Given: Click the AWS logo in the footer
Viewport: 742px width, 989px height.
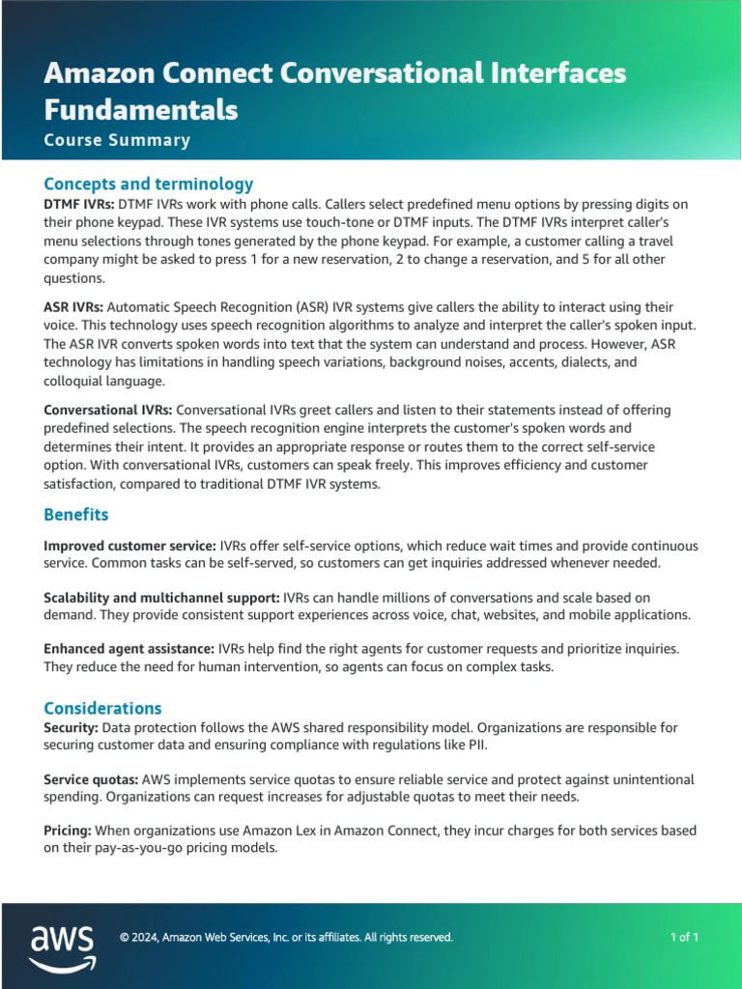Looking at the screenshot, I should [x=62, y=947].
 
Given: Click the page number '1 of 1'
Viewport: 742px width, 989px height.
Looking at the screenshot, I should [x=684, y=937].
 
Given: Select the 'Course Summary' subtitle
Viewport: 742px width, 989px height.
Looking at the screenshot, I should [x=117, y=140].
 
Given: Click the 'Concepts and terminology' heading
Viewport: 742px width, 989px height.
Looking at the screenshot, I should [x=149, y=184].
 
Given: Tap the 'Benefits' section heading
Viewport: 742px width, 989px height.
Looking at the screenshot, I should [x=76, y=514].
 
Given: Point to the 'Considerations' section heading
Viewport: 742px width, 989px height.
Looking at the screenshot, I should [x=102, y=708].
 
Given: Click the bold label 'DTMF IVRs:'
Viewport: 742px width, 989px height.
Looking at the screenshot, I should [x=79, y=205].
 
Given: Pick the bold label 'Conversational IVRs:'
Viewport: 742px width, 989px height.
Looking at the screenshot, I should [x=108, y=410].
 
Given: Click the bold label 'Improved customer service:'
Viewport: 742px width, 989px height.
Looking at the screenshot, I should [x=129, y=547].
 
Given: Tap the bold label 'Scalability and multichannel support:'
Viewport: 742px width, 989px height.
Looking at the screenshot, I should [x=162, y=598].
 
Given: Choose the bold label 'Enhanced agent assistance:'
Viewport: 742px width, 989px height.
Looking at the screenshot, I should [x=129, y=649].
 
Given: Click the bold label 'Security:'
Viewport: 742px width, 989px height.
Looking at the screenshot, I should [x=71, y=727].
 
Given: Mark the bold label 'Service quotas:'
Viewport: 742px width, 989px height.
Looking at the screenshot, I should [x=92, y=779].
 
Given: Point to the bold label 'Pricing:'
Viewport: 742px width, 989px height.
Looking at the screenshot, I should [x=68, y=831].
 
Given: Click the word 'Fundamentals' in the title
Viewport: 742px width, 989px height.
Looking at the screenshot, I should [x=141, y=109].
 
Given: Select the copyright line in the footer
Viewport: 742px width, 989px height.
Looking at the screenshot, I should [x=285, y=937].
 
